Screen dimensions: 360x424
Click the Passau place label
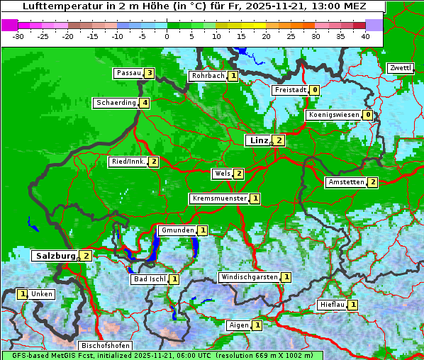pyautogui.click(x=129, y=73)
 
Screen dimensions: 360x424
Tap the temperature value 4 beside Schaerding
pyautogui.click(x=145, y=103)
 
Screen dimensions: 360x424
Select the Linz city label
pyautogui.click(x=258, y=140)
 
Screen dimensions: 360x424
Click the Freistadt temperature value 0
pyautogui.click(x=314, y=90)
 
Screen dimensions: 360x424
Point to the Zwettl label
pyautogui.click(x=401, y=68)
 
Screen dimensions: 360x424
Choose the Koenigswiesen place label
pyautogui.click(x=333, y=115)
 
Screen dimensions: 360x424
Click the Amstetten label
pyautogui.click(x=345, y=182)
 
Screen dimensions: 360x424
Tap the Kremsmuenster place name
pyautogui.click(x=219, y=198)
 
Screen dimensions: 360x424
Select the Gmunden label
pyautogui.click(x=177, y=230)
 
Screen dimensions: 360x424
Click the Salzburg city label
pyautogui.click(x=55, y=255)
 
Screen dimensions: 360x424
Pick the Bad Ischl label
pyautogui.click(x=149, y=279)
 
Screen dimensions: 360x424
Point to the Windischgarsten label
pyautogui.click(x=249, y=277)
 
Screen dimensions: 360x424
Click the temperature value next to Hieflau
pyautogui.click(x=353, y=305)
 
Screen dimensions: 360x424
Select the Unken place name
pyautogui.click(x=42, y=294)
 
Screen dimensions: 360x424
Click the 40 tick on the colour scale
pyautogui.click(x=365, y=36)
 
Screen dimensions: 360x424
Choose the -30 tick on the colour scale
pyautogui.click(x=18, y=36)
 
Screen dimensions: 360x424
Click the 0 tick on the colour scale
pyautogui.click(x=167, y=36)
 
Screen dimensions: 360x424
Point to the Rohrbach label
pyautogui.click(x=208, y=76)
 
